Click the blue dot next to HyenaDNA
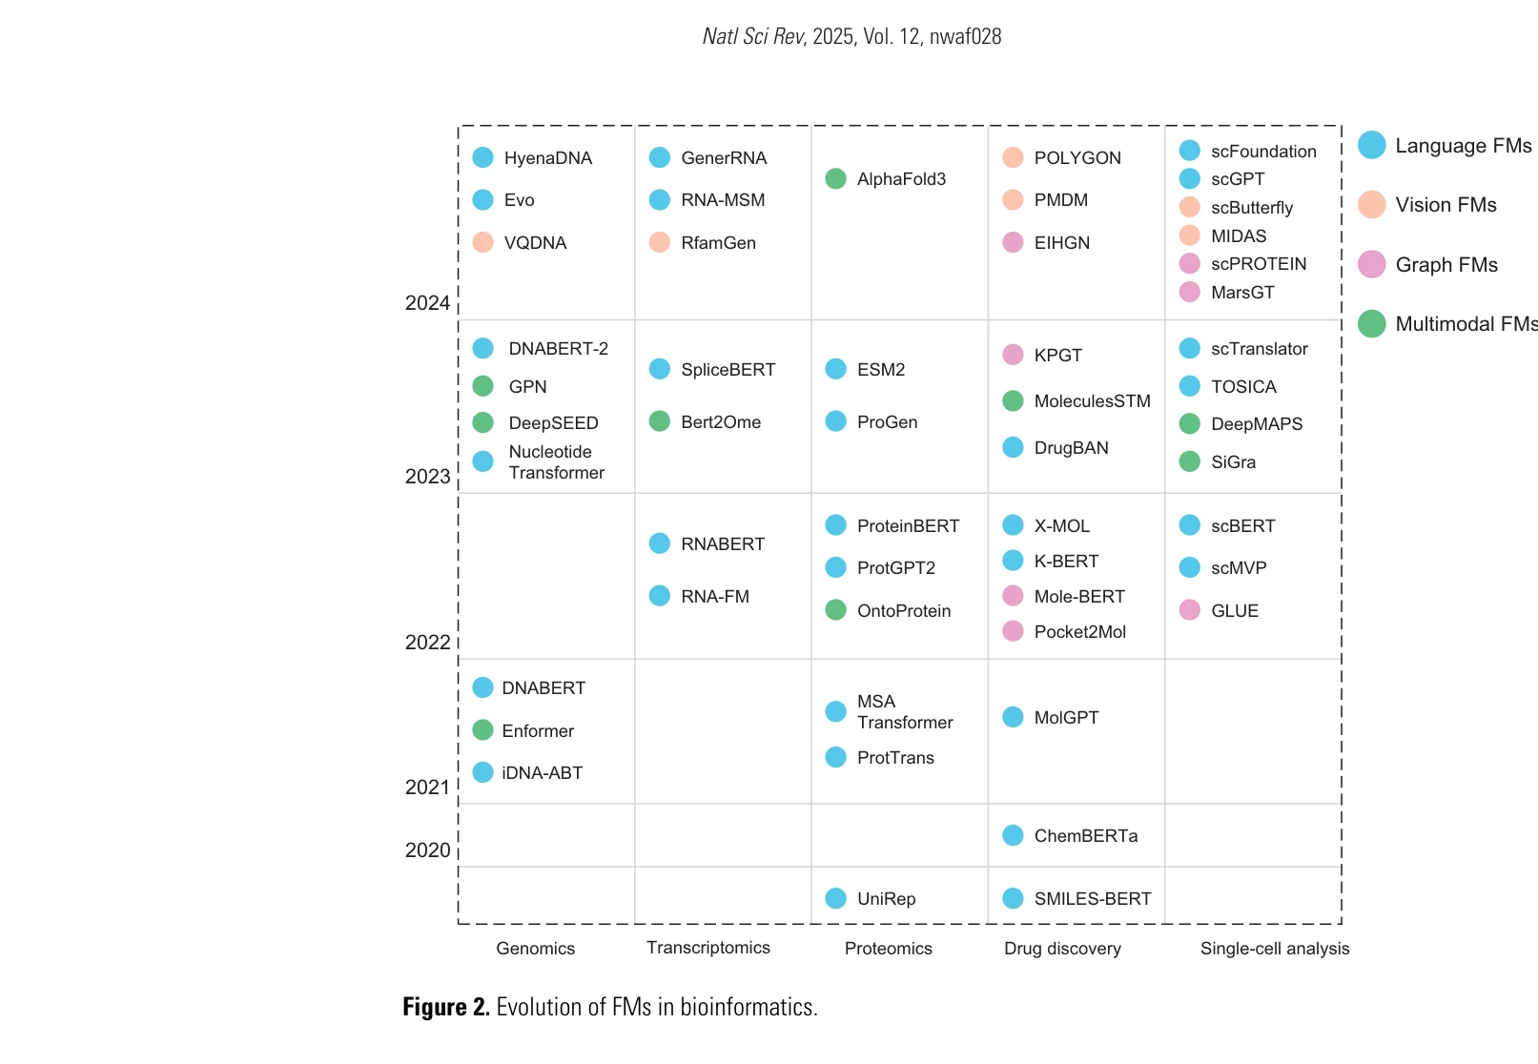(x=483, y=157)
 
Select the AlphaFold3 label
(x=901, y=179)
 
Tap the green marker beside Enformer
(x=483, y=730)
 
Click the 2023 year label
(x=427, y=477)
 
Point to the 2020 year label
(x=427, y=850)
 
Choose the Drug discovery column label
(x=1062, y=949)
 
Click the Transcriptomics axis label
(x=708, y=948)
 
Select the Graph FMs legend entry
(x=1446, y=265)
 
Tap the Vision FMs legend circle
(x=1371, y=205)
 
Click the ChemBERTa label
(x=1085, y=836)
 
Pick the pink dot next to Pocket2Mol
(x=1014, y=631)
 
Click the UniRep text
(x=886, y=899)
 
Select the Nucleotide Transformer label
(x=556, y=462)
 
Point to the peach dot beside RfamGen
(x=660, y=242)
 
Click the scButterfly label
(x=1251, y=208)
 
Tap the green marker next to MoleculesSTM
(x=1014, y=401)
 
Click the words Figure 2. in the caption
(x=445, y=1008)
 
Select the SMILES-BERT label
(x=1092, y=899)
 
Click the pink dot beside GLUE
(x=1190, y=610)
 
